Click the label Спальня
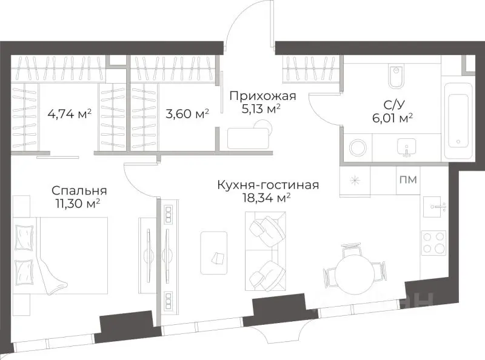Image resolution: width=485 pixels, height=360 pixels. click(x=76, y=190)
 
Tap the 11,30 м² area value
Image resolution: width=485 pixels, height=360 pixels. click(x=76, y=203)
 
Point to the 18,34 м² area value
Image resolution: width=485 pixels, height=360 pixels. click(x=267, y=198)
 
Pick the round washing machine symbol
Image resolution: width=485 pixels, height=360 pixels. click(x=356, y=147)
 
